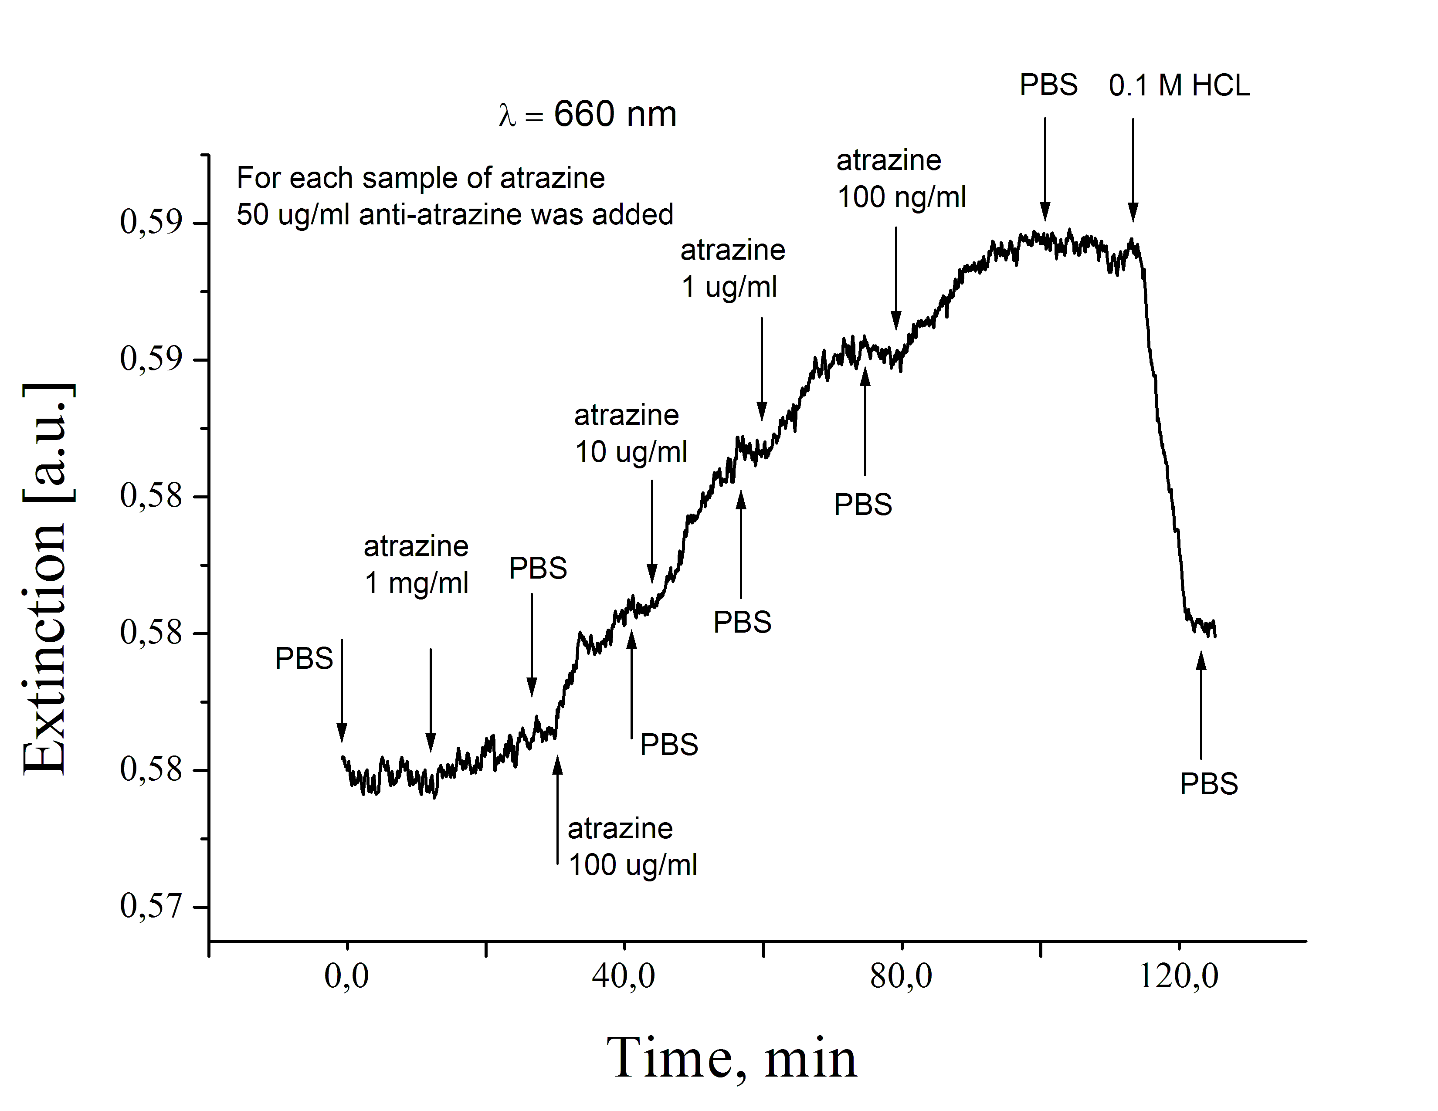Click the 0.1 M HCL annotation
pos(1179,85)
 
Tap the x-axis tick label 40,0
pos(624,976)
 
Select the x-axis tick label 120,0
pos(1179,976)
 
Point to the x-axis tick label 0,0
pos(346,976)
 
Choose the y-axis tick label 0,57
pos(151,906)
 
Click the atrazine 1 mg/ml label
pos(416,565)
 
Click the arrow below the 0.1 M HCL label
pos(1133,170)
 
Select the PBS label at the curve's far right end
pos(1209,784)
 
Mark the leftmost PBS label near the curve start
pos(304,658)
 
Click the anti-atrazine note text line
pos(455,214)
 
